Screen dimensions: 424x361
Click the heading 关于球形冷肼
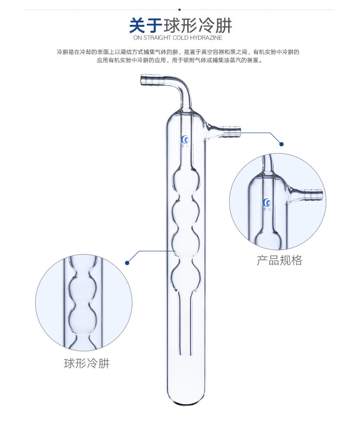(180, 25)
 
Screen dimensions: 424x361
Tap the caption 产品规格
(280, 261)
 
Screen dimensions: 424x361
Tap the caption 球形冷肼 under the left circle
(87, 363)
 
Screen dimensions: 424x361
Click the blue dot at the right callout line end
(282, 144)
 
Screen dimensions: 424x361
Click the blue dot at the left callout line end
(128, 263)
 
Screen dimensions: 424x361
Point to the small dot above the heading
(180, 9)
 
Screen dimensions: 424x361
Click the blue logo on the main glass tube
(185, 140)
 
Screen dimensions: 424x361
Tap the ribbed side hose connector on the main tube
(232, 129)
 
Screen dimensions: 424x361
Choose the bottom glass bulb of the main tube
(183, 273)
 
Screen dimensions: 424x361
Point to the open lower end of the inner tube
(183, 355)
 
